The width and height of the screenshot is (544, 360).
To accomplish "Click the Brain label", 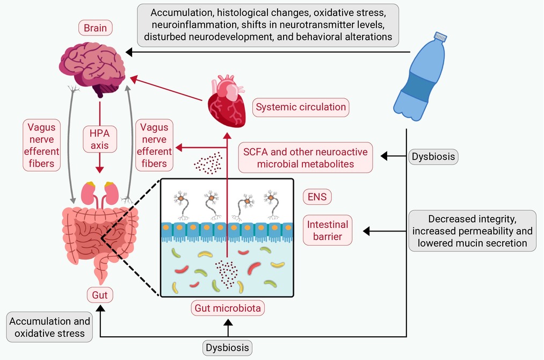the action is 96,28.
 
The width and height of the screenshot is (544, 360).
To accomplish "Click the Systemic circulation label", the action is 301,107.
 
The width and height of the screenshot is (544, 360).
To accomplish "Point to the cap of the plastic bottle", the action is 440,37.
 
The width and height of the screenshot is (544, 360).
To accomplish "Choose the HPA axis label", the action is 99,139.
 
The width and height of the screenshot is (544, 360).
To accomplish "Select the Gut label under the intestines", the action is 100,295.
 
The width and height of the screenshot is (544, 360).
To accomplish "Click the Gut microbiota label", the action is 228,308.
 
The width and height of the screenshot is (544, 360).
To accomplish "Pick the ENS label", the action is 317,197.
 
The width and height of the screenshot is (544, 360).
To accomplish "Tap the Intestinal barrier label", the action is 328,231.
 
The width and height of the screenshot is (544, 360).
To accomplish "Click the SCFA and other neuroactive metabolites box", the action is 306,157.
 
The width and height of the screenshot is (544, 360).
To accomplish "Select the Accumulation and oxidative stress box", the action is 49,327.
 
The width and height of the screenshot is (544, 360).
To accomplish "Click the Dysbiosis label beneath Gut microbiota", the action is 227,348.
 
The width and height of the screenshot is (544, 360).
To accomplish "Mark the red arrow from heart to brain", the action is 166,89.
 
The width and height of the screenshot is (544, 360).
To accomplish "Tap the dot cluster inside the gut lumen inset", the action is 227,274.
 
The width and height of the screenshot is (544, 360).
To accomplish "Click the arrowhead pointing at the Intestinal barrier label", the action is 366,231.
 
